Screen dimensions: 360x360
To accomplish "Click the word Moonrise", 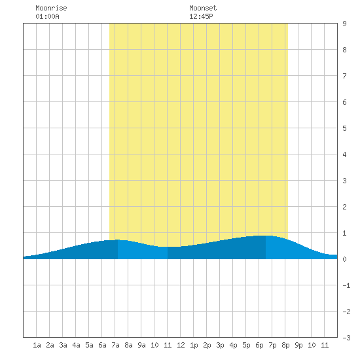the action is coord(51,8).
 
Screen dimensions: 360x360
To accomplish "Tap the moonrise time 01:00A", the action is coord(47,16).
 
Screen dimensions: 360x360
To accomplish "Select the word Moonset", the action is coord(203,8).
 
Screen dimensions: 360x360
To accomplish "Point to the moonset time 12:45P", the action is coord(201,16).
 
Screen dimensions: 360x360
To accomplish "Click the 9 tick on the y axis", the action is coord(344,24).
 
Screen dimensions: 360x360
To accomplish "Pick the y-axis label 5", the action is coord(344,128).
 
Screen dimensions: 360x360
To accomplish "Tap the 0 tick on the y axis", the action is coord(344,259).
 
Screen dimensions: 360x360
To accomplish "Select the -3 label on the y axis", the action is coord(346,338).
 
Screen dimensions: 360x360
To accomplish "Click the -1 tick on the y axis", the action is coord(346,285).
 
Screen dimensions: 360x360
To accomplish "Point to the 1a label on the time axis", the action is coord(37,345).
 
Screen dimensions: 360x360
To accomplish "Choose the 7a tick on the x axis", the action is coord(115,345).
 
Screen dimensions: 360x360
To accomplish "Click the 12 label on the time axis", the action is coord(181,345).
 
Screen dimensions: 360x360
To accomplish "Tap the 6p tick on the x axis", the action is coord(259,345).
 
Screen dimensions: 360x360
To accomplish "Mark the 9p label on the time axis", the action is coord(298,345).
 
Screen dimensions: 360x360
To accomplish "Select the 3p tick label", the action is coord(220,345).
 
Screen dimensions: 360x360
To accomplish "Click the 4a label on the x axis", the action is coord(76,345).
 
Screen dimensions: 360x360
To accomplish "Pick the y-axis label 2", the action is coord(344,207).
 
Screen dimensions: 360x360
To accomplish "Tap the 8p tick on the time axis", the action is coord(285,345).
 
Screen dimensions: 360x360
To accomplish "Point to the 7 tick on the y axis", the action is coord(344,76).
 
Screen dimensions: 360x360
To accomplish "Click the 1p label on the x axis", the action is coord(194,345).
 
